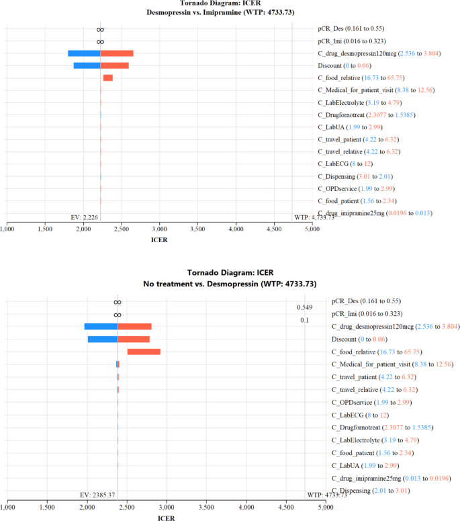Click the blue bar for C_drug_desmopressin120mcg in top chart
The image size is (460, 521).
[84, 54]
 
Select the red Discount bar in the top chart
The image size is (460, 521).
[114, 66]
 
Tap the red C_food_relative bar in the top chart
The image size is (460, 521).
[107, 79]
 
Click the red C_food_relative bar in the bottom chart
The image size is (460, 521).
[144, 352]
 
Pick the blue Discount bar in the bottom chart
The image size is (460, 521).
[103, 339]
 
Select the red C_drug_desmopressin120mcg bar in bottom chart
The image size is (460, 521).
[134, 327]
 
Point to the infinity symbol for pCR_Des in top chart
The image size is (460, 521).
[100, 30]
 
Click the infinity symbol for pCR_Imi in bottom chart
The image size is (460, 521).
[118, 314]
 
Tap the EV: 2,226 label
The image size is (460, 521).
[85, 217]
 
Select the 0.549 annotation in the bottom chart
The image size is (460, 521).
[304, 307]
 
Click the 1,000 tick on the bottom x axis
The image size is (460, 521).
[8, 506]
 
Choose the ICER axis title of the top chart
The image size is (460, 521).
[159, 239]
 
